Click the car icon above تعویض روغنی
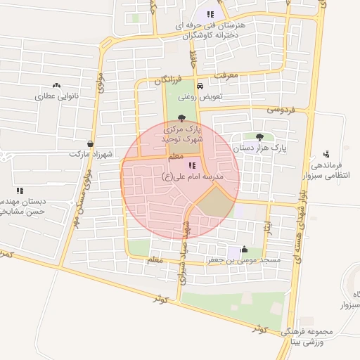(x=201, y=86)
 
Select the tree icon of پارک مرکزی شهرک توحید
(x=183, y=118)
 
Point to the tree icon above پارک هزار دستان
(x=260, y=136)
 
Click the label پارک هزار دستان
(x=260, y=148)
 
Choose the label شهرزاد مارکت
(x=91, y=154)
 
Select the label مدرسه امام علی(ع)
(x=193, y=176)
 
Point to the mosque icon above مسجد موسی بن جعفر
(x=244, y=249)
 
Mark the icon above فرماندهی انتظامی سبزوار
(x=326, y=154)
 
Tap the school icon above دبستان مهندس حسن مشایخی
(x=20, y=190)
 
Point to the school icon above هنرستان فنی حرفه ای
(x=210, y=14)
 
